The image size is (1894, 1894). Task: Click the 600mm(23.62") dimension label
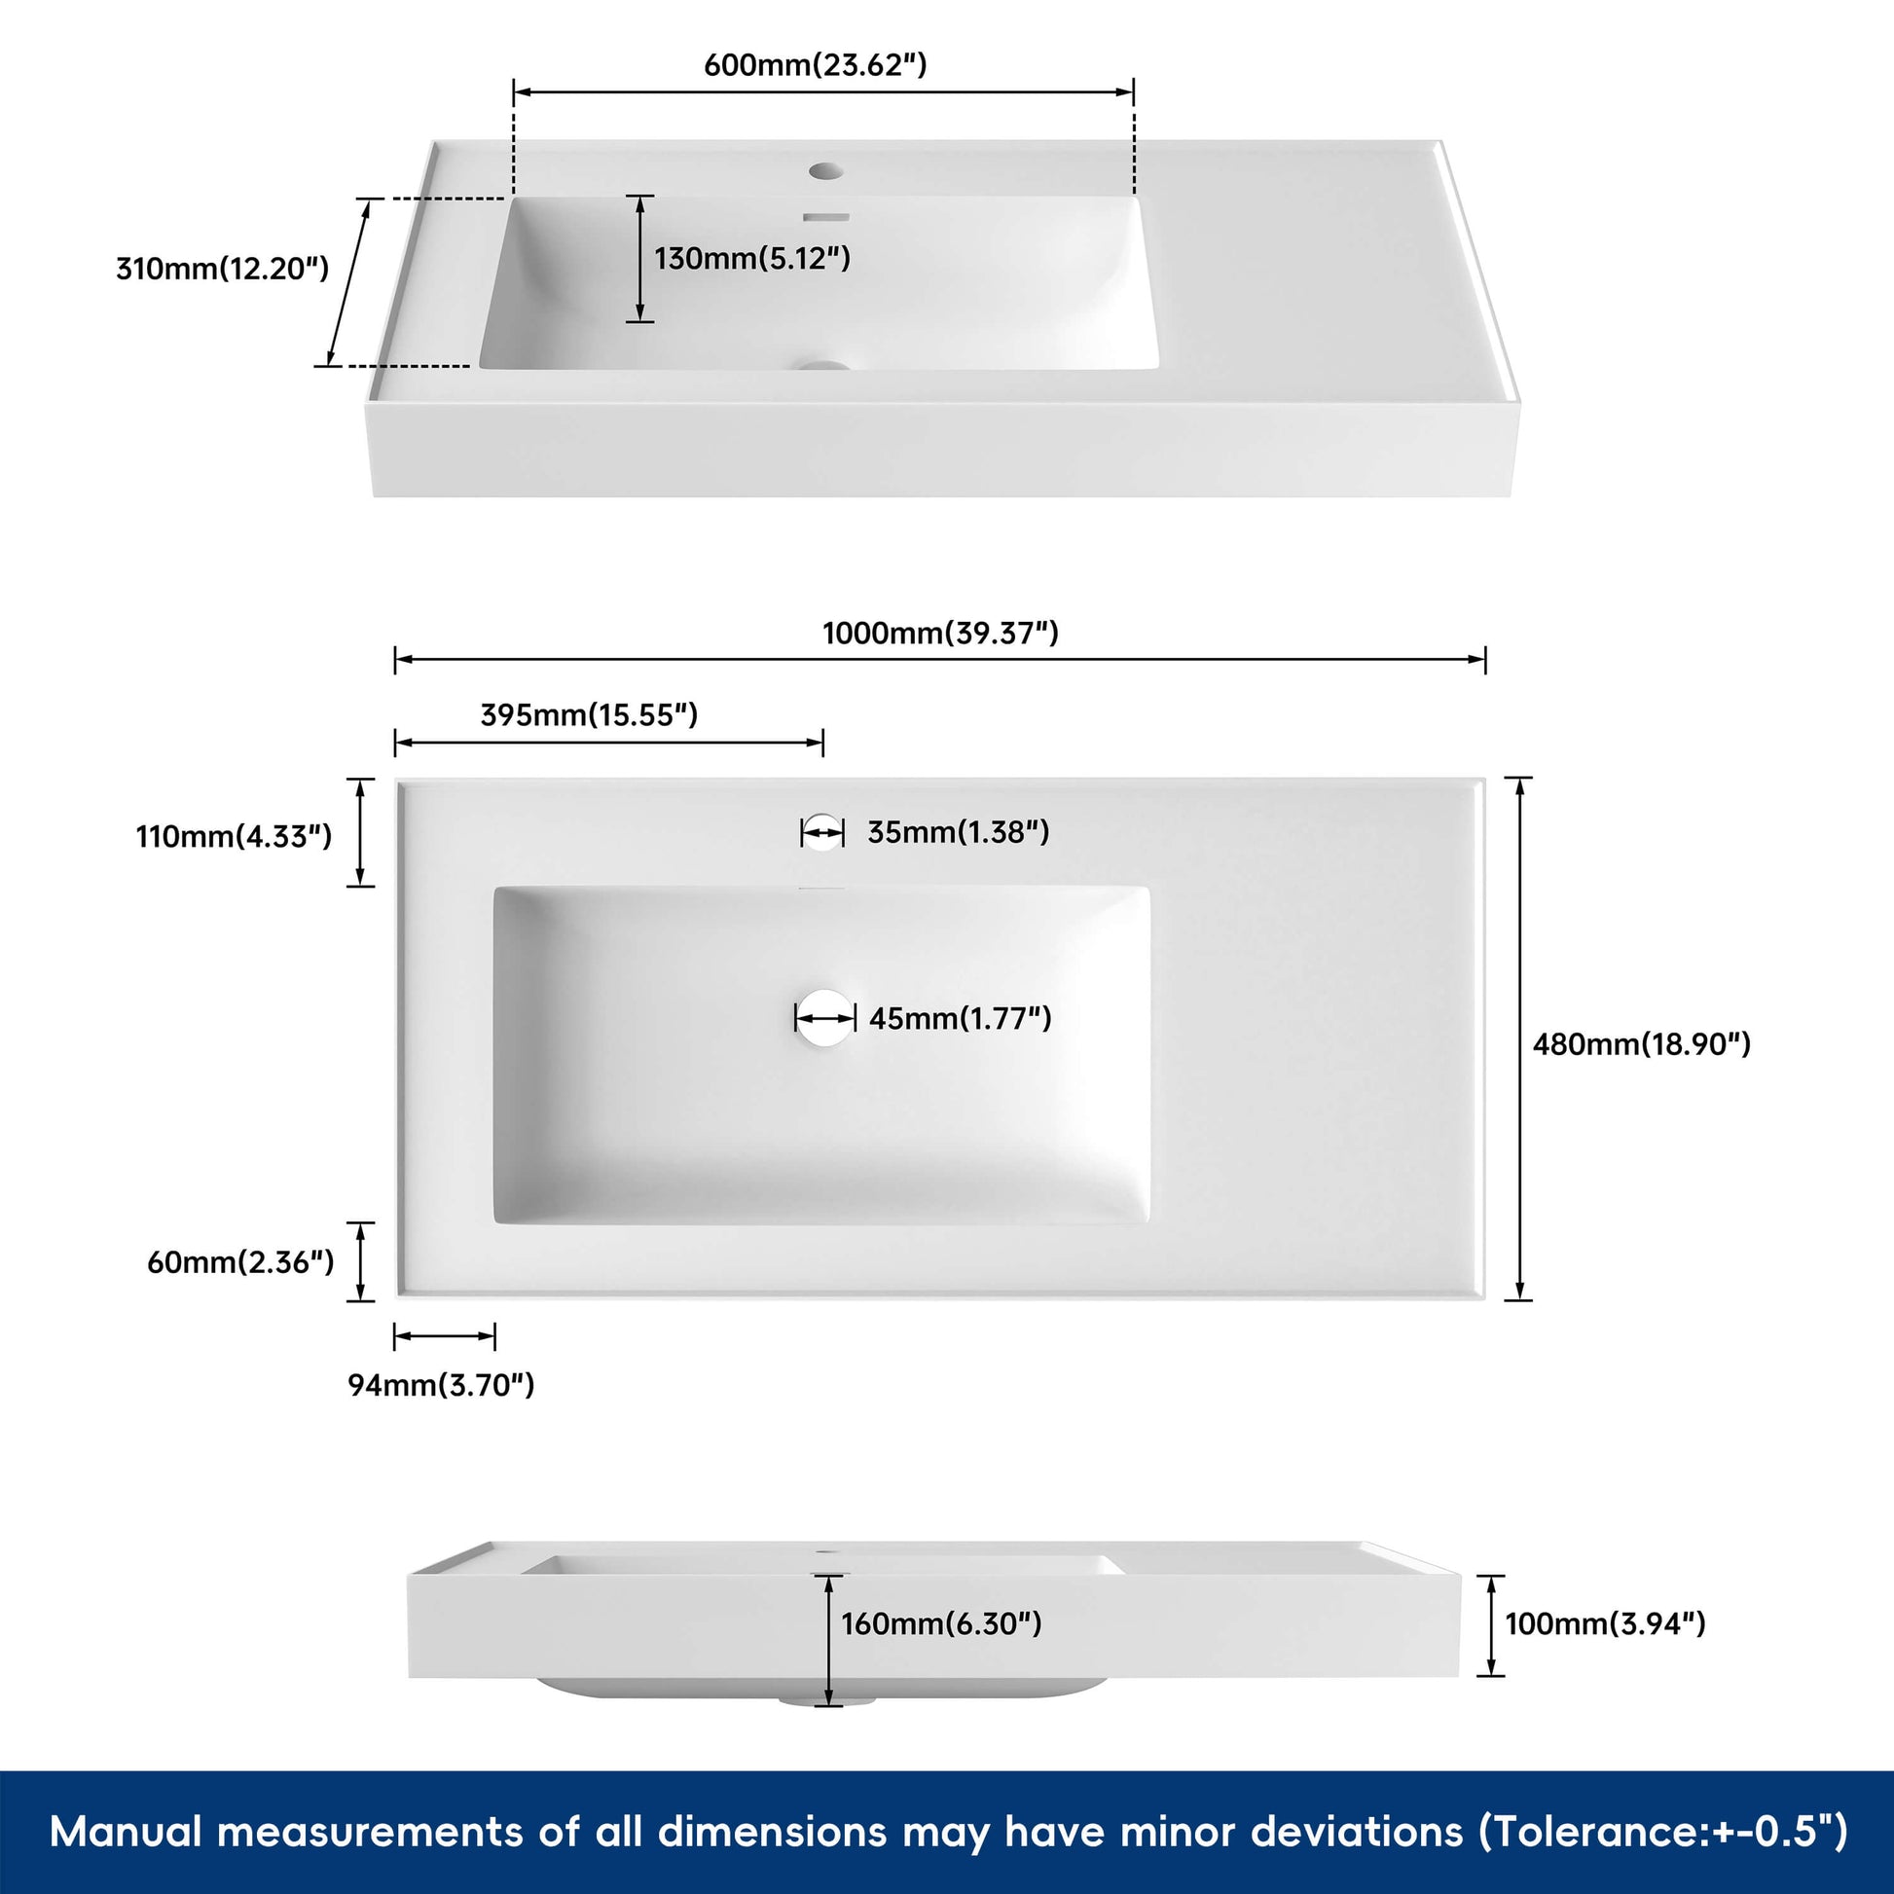[816, 64]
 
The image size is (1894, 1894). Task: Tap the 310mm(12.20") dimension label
[223, 268]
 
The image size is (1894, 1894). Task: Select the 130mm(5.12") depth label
[752, 258]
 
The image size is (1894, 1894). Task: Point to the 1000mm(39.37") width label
[940, 633]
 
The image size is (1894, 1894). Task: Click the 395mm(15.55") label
[589, 714]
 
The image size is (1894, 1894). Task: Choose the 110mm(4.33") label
[235, 836]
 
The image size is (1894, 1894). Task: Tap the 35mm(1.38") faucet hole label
[958, 832]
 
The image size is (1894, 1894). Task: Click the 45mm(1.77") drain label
[960, 1019]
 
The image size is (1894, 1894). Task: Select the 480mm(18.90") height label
[1642, 1044]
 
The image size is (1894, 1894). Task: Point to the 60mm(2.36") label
[240, 1261]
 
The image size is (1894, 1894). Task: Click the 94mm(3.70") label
[441, 1385]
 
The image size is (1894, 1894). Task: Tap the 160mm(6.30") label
[941, 1623]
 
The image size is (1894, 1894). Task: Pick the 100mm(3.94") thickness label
[1606, 1623]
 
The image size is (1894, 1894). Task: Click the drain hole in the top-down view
[824, 1018]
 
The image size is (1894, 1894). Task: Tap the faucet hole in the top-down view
[821, 832]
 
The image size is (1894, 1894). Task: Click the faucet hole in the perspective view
[825, 171]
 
